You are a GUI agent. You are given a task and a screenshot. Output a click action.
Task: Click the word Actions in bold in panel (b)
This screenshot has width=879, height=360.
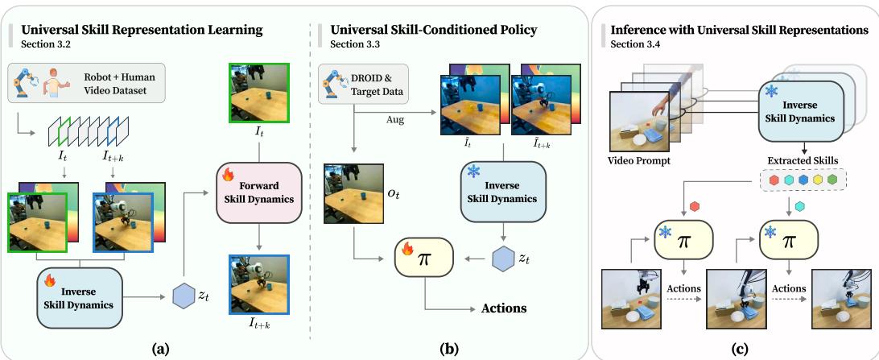(x=503, y=308)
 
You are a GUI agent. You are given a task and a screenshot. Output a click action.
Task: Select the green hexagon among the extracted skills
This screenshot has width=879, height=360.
(x=832, y=179)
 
